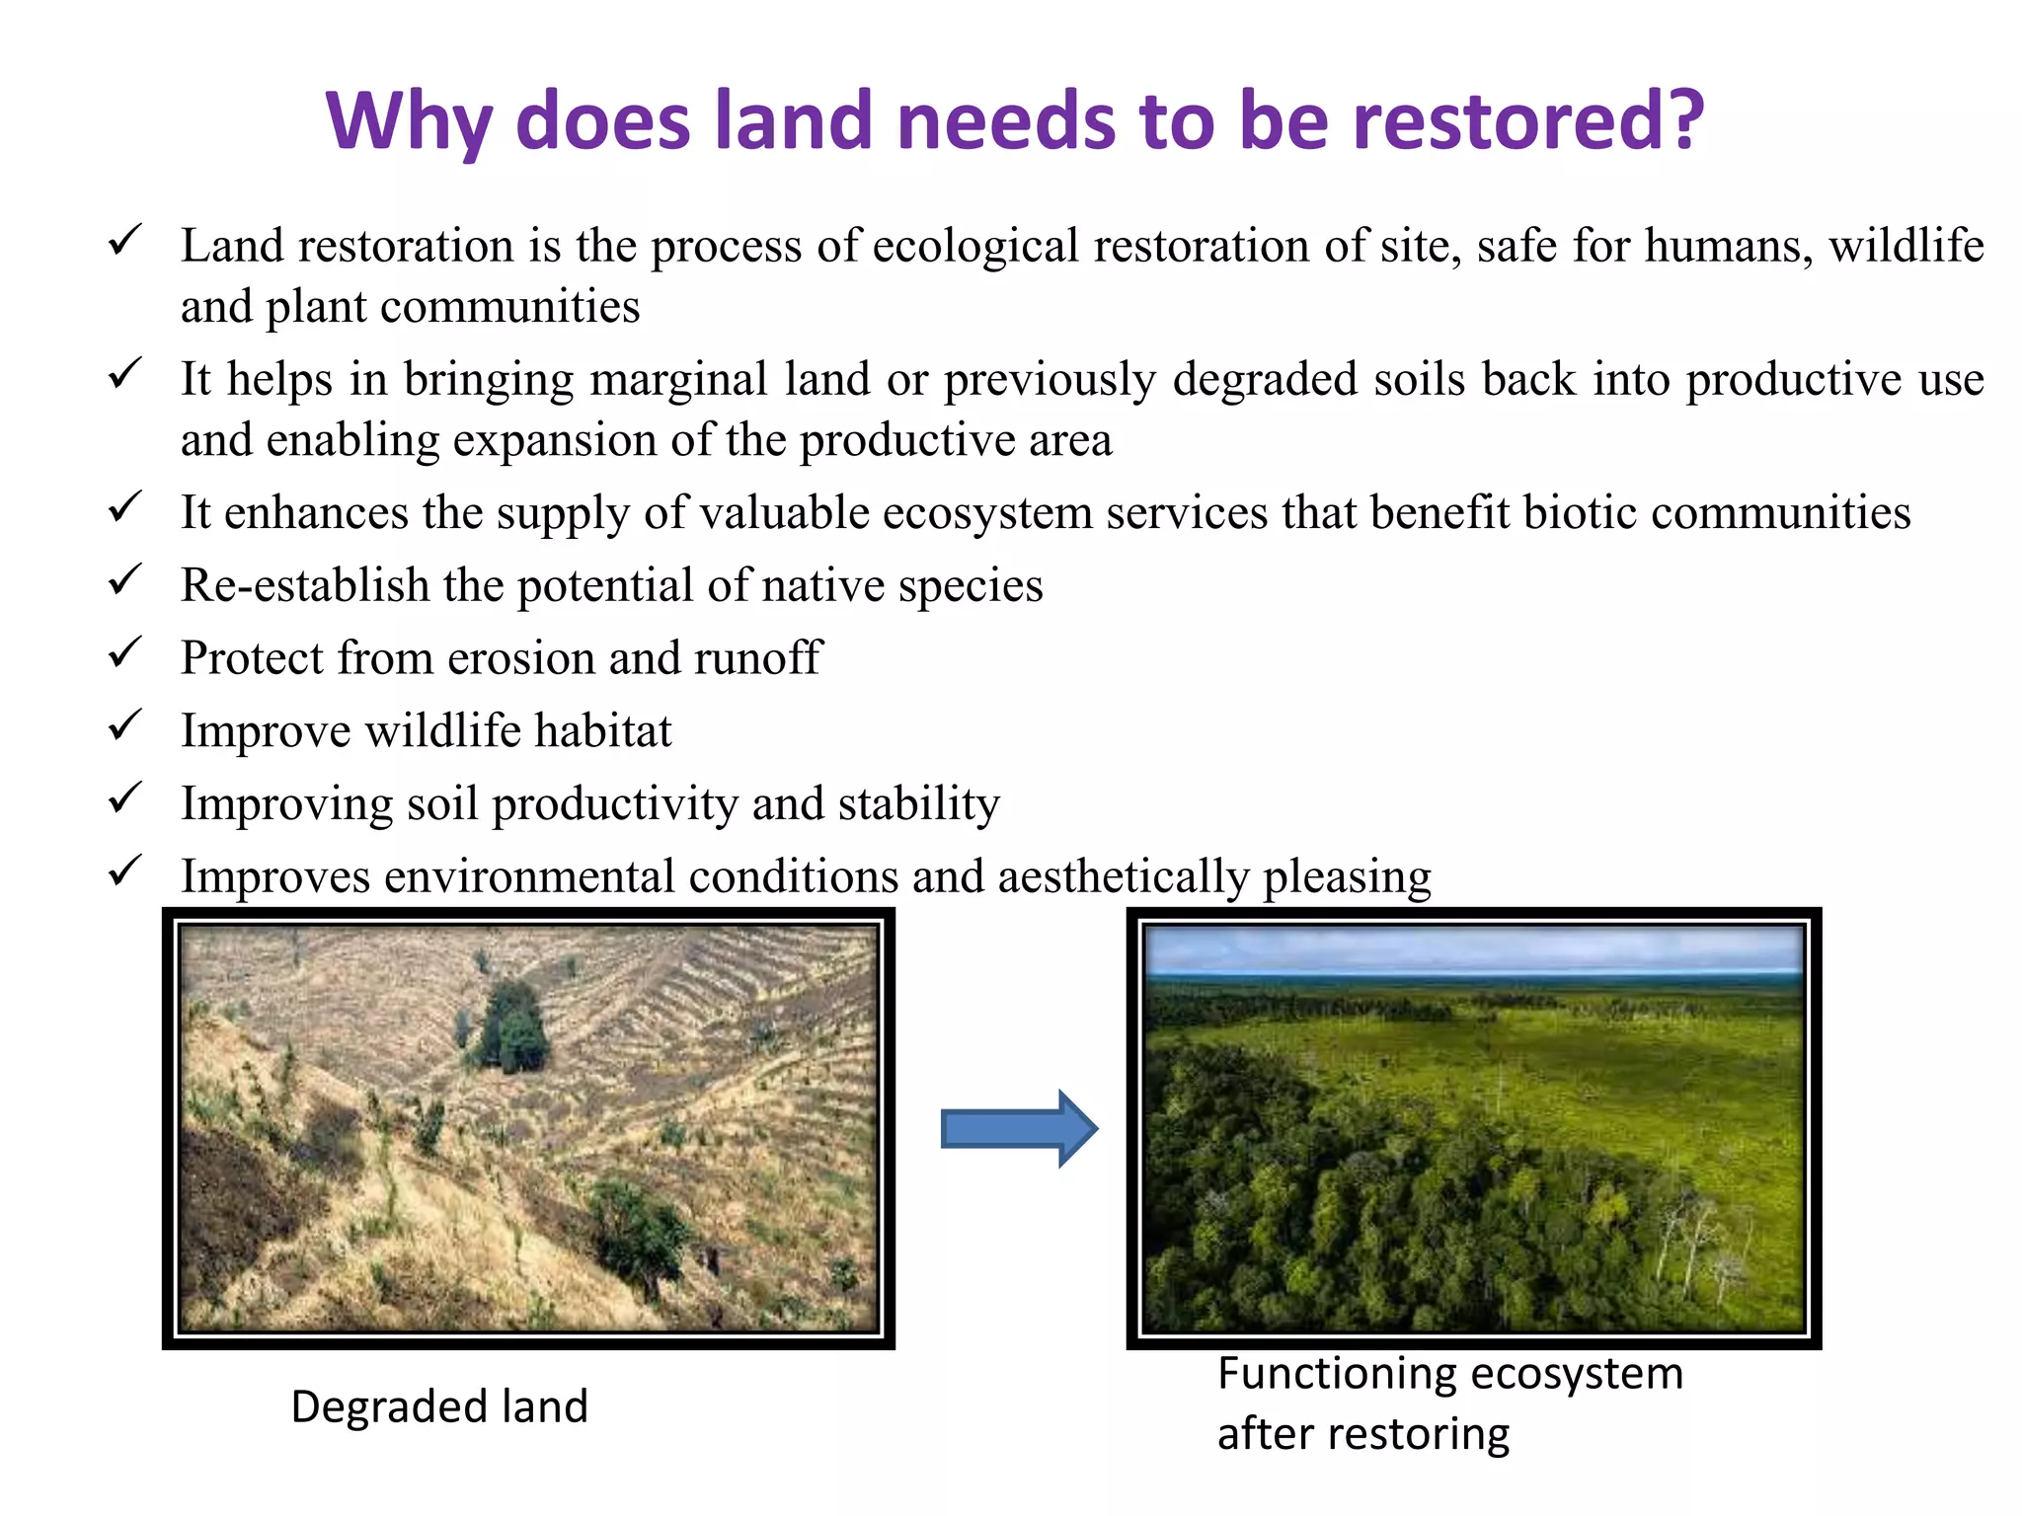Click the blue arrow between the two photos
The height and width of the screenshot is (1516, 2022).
click(x=1018, y=1128)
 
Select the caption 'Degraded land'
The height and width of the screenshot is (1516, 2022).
click(x=439, y=1406)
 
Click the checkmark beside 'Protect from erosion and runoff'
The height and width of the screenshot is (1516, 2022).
click(x=125, y=652)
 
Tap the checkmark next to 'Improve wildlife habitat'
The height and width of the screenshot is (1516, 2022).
click(x=125, y=725)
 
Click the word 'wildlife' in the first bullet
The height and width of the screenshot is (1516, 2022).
click(x=1905, y=245)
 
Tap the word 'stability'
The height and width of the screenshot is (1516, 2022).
click(x=918, y=803)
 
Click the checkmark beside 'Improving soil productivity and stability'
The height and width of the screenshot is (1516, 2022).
click(x=125, y=797)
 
